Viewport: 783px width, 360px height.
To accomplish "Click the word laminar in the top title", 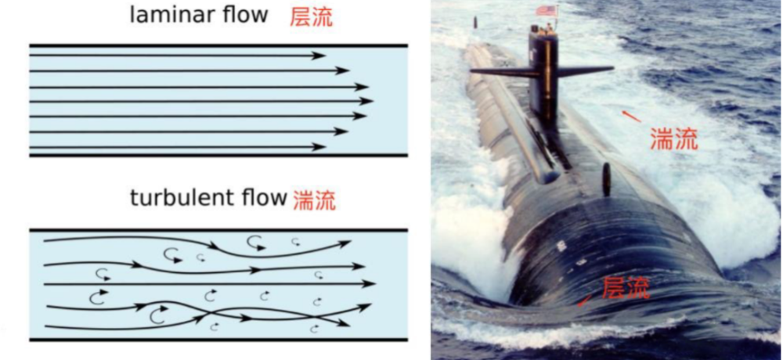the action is click(x=170, y=14).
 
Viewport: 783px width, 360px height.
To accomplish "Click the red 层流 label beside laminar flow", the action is click(x=311, y=17).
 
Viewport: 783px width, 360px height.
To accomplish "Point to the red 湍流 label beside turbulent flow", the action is click(x=314, y=200).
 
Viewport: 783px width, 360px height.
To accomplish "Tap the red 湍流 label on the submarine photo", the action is click(x=673, y=139).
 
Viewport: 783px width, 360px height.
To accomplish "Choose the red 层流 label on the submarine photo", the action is click(x=626, y=287).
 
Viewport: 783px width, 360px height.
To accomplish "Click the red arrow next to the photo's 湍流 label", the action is click(x=631, y=116).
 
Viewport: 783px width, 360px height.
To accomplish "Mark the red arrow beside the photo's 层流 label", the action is click(x=584, y=301).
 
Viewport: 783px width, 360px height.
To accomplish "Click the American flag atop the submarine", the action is click(x=547, y=10).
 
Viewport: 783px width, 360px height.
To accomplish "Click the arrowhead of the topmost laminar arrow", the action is click(x=319, y=56).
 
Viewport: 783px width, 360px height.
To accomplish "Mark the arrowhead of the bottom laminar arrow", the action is click(x=319, y=147).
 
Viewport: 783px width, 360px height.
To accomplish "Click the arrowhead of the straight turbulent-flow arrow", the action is click(x=368, y=283).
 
